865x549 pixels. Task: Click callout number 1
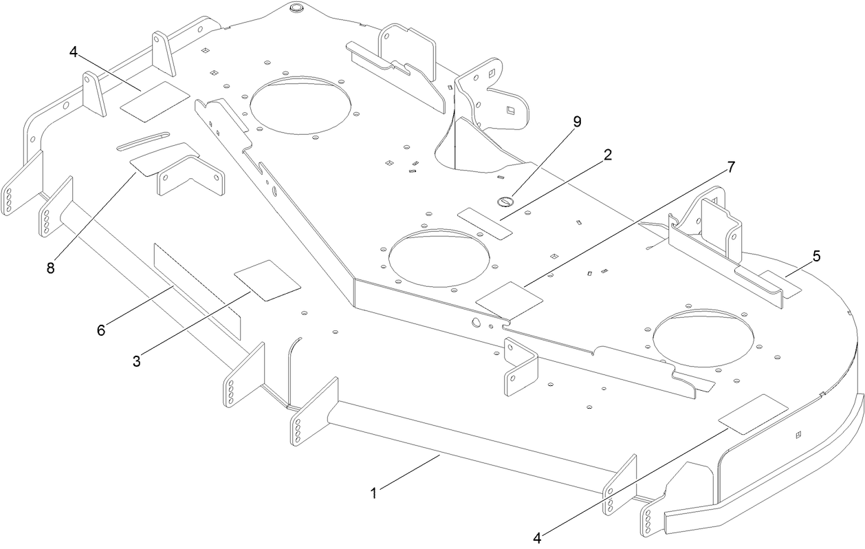pyautogui.click(x=374, y=493)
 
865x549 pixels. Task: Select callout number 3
pyautogui.click(x=136, y=360)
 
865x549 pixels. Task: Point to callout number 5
pyautogui.click(x=816, y=256)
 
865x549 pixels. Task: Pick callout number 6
pyautogui.click(x=101, y=330)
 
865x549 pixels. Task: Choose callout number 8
pyautogui.click(x=50, y=268)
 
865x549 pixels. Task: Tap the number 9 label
pyautogui.click(x=576, y=122)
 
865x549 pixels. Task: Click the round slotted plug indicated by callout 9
pyautogui.click(x=505, y=202)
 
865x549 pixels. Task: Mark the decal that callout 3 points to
pyautogui.click(x=267, y=280)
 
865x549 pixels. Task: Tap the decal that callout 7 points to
pyautogui.click(x=510, y=299)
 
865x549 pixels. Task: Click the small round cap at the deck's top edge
pyautogui.click(x=297, y=8)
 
